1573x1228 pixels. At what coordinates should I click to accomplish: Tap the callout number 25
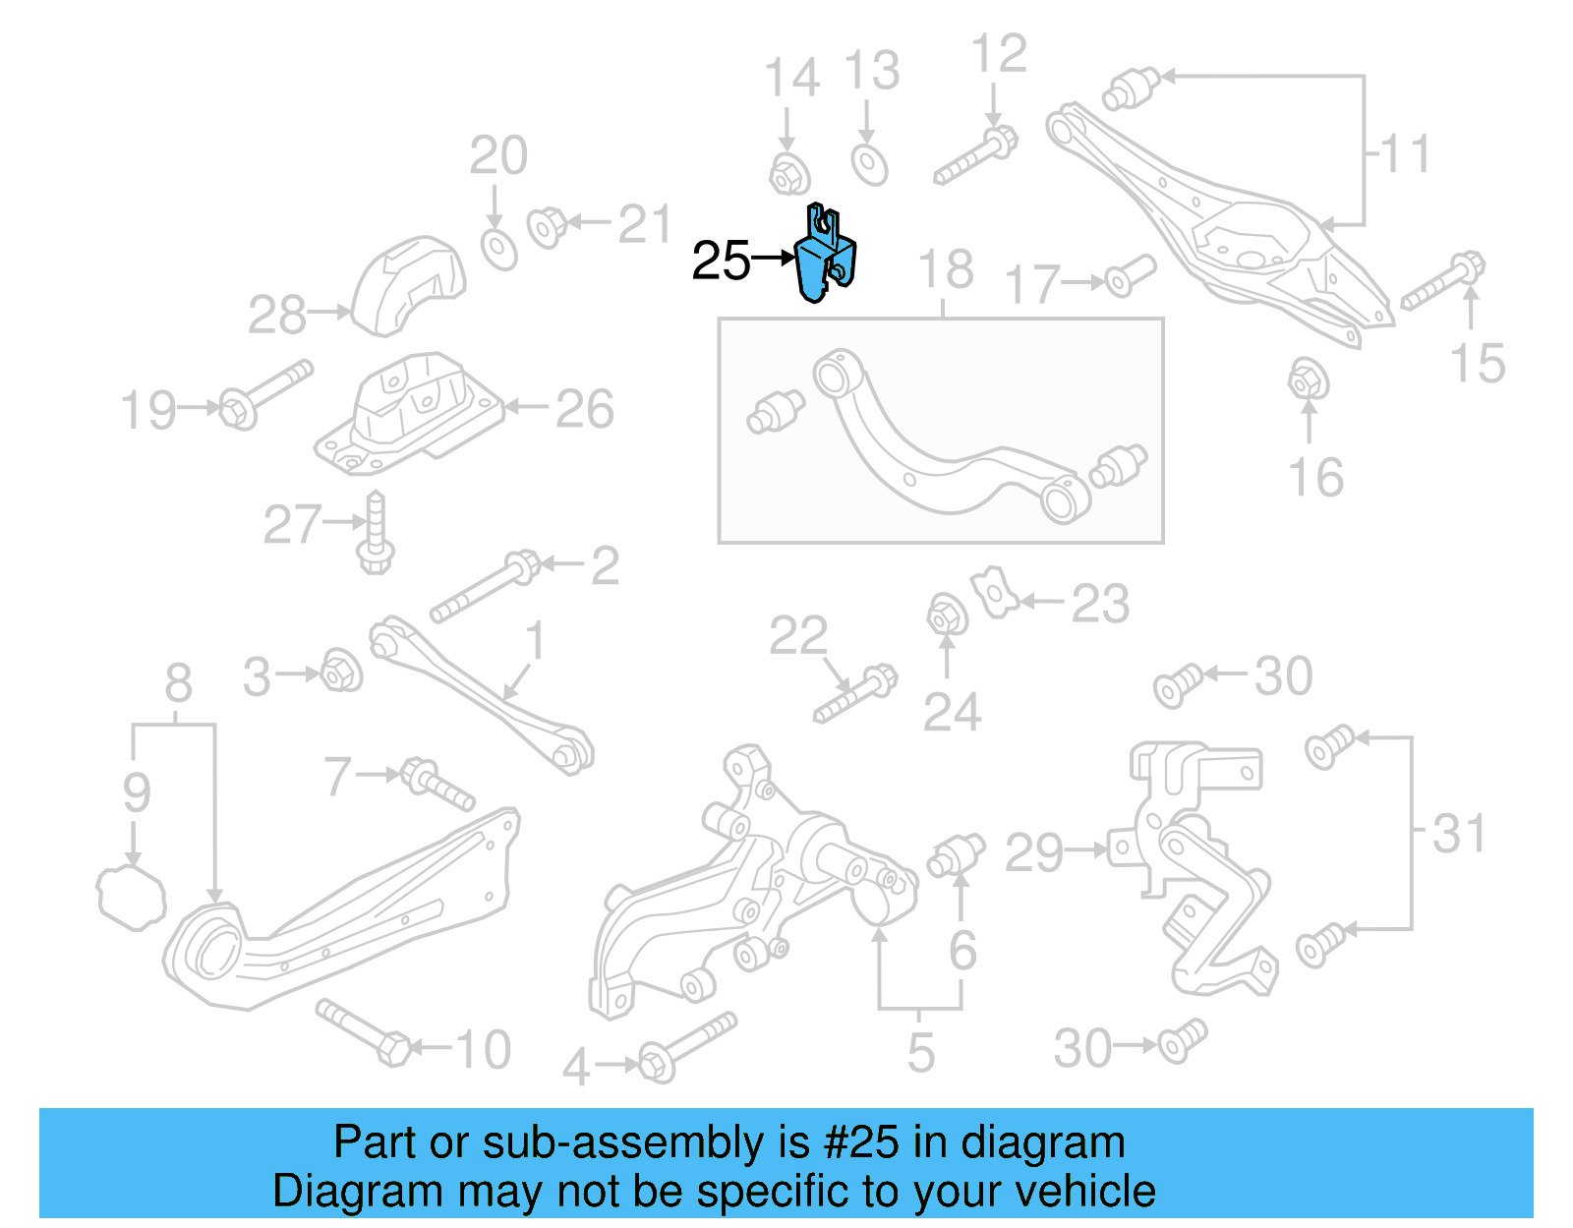point(721,262)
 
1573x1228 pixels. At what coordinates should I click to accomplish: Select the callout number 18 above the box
point(945,269)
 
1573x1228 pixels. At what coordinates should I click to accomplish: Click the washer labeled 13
point(869,164)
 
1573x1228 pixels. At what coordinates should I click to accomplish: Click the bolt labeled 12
point(975,157)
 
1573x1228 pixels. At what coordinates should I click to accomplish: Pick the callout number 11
point(1405,154)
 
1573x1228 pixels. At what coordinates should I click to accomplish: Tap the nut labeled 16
point(1308,380)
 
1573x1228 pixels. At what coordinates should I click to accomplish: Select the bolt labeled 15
point(1442,281)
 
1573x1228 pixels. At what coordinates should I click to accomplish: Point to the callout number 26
point(585,409)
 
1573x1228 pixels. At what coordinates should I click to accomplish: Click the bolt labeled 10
point(363,1031)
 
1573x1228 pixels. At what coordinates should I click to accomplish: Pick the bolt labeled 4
point(687,1047)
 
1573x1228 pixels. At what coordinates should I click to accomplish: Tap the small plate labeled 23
point(995,592)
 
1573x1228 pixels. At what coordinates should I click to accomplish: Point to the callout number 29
point(1033,852)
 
